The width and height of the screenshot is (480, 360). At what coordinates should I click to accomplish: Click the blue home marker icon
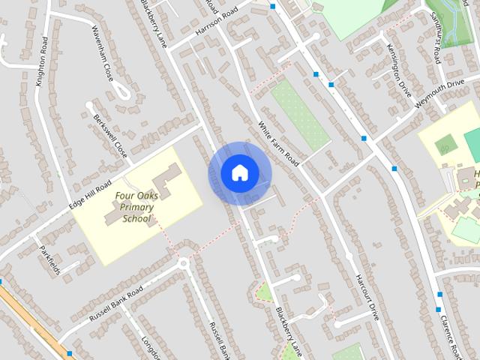coord(239,173)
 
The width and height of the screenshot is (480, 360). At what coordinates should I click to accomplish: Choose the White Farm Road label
coord(278,143)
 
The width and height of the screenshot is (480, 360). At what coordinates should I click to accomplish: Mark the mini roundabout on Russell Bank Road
coord(182,263)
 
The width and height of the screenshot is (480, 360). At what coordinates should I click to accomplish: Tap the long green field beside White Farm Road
coord(299,112)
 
